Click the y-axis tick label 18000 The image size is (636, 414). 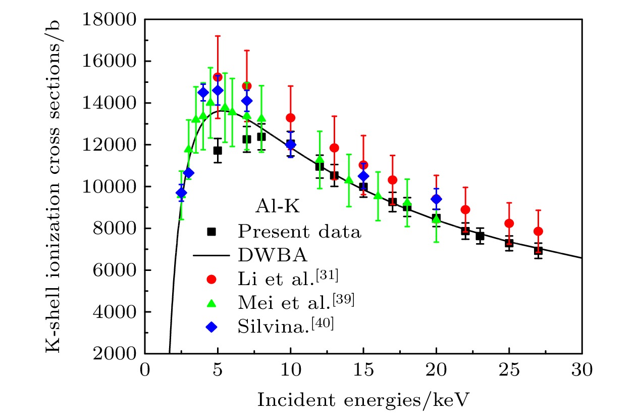[112, 20]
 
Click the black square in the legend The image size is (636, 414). [211, 232]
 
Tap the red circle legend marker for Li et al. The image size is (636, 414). [211, 279]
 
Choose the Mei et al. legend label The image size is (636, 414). [295, 302]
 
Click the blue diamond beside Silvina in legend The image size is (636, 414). [211, 326]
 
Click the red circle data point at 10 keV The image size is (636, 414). [290, 118]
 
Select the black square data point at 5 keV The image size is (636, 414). [218, 151]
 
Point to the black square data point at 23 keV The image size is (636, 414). [480, 236]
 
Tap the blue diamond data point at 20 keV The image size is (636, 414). [436, 199]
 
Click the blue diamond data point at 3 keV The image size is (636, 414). [189, 173]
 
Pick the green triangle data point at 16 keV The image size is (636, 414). [378, 196]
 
